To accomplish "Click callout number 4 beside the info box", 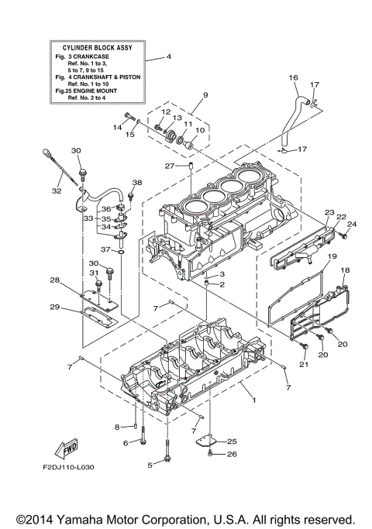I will [x=169, y=57].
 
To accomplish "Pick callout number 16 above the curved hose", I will [x=293, y=78].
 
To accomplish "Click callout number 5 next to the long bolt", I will [x=149, y=465].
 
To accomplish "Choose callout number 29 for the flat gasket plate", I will [x=54, y=307].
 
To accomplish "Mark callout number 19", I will [x=331, y=256].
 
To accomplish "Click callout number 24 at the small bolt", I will [x=350, y=225].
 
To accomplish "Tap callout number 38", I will [x=137, y=183].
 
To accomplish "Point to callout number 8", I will [x=117, y=426].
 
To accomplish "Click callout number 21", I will [x=304, y=364].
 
